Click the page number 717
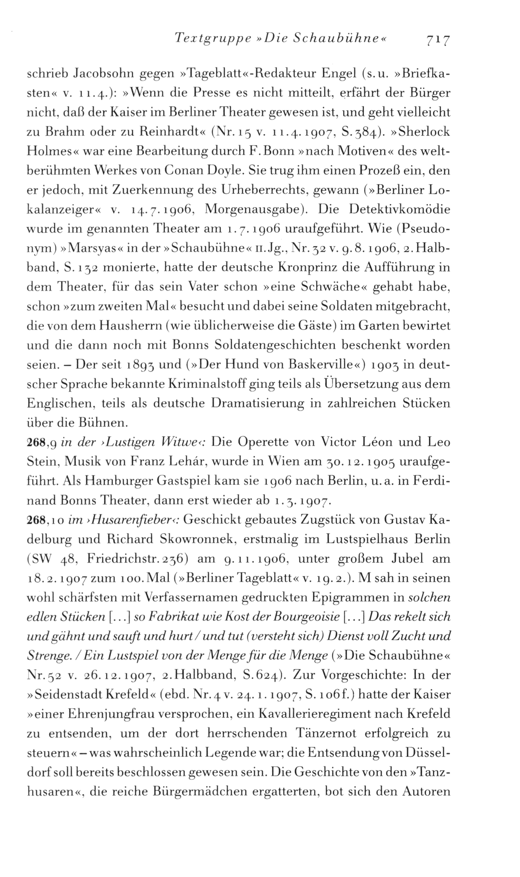pos(437,40)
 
